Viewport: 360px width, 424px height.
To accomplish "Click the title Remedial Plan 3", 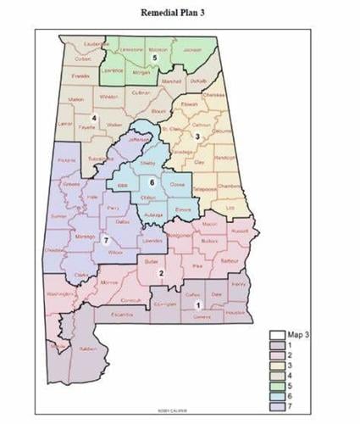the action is pyautogui.click(x=179, y=13).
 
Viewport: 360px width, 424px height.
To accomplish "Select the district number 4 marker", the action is pyautogui.click(x=94, y=117).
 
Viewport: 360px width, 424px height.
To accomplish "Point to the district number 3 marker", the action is pyautogui.click(x=197, y=136).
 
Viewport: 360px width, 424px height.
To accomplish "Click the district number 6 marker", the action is pyautogui.click(x=151, y=181).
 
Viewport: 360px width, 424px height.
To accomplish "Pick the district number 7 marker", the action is pyautogui.click(x=105, y=240).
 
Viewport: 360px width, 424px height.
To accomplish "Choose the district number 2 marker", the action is pyautogui.click(x=160, y=271).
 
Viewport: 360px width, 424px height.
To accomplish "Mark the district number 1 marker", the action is pyautogui.click(x=197, y=304).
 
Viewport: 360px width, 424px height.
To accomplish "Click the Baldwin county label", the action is pyautogui.click(x=87, y=348).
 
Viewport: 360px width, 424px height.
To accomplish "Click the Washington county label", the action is pyautogui.click(x=61, y=293).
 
